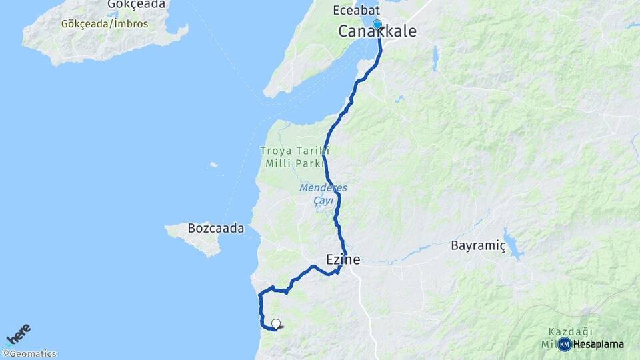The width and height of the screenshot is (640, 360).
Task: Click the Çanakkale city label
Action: (377, 32)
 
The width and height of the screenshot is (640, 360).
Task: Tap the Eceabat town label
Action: (357, 10)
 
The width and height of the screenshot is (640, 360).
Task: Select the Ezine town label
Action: (343, 259)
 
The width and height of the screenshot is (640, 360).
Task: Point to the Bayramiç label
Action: (478, 245)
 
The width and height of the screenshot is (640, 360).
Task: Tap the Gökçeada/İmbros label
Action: (105, 24)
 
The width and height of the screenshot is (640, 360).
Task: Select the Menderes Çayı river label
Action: (323, 193)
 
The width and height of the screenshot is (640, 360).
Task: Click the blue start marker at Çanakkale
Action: (377, 25)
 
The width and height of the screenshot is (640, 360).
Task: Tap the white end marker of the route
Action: (276, 324)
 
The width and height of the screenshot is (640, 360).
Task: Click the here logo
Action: (19, 334)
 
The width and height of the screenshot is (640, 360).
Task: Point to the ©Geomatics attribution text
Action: (29, 354)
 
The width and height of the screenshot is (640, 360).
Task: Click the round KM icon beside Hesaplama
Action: (564, 344)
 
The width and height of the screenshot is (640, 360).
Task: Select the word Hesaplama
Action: (598, 344)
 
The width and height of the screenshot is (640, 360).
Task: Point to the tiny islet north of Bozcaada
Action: (213, 165)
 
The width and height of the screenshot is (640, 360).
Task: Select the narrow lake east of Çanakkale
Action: (435, 58)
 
